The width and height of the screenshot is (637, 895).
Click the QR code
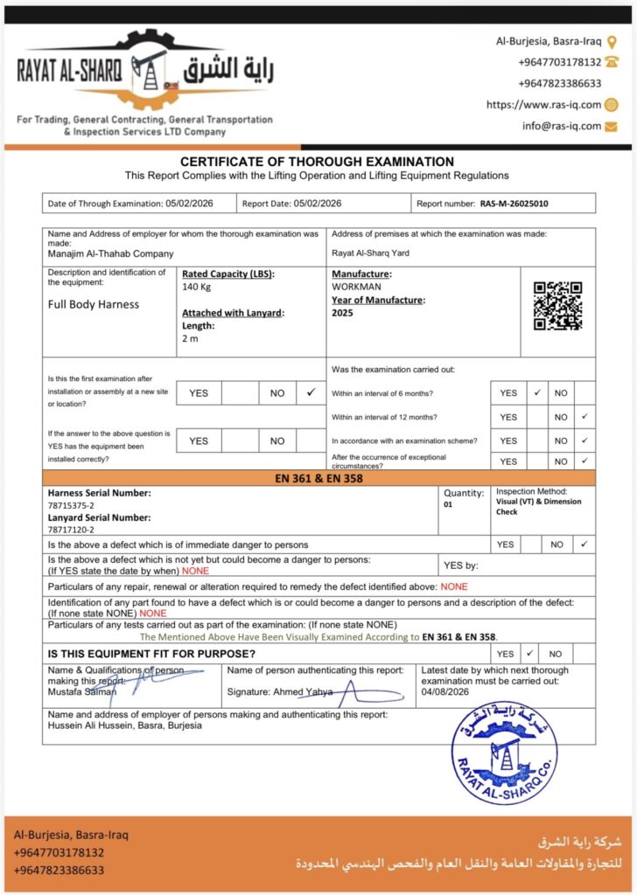[558, 306]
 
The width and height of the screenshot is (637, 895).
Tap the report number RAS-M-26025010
[514, 204]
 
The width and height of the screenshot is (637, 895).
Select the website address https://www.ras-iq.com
[543, 105]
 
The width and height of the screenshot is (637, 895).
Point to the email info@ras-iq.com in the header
[562, 126]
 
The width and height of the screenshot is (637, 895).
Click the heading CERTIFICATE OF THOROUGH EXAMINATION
[317, 162]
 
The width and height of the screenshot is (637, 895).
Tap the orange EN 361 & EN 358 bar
[318, 478]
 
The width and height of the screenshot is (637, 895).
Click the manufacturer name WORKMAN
[356, 287]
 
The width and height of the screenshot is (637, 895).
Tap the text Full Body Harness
[94, 304]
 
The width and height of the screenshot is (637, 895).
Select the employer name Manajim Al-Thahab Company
[111, 253]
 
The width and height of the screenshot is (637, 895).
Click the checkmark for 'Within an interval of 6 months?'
[536, 392]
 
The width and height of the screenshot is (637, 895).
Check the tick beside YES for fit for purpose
[530, 653]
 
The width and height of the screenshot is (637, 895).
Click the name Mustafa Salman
[80, 691]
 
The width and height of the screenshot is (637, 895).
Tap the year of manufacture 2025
[343, 313]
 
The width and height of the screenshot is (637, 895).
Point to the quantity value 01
[449, 505]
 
